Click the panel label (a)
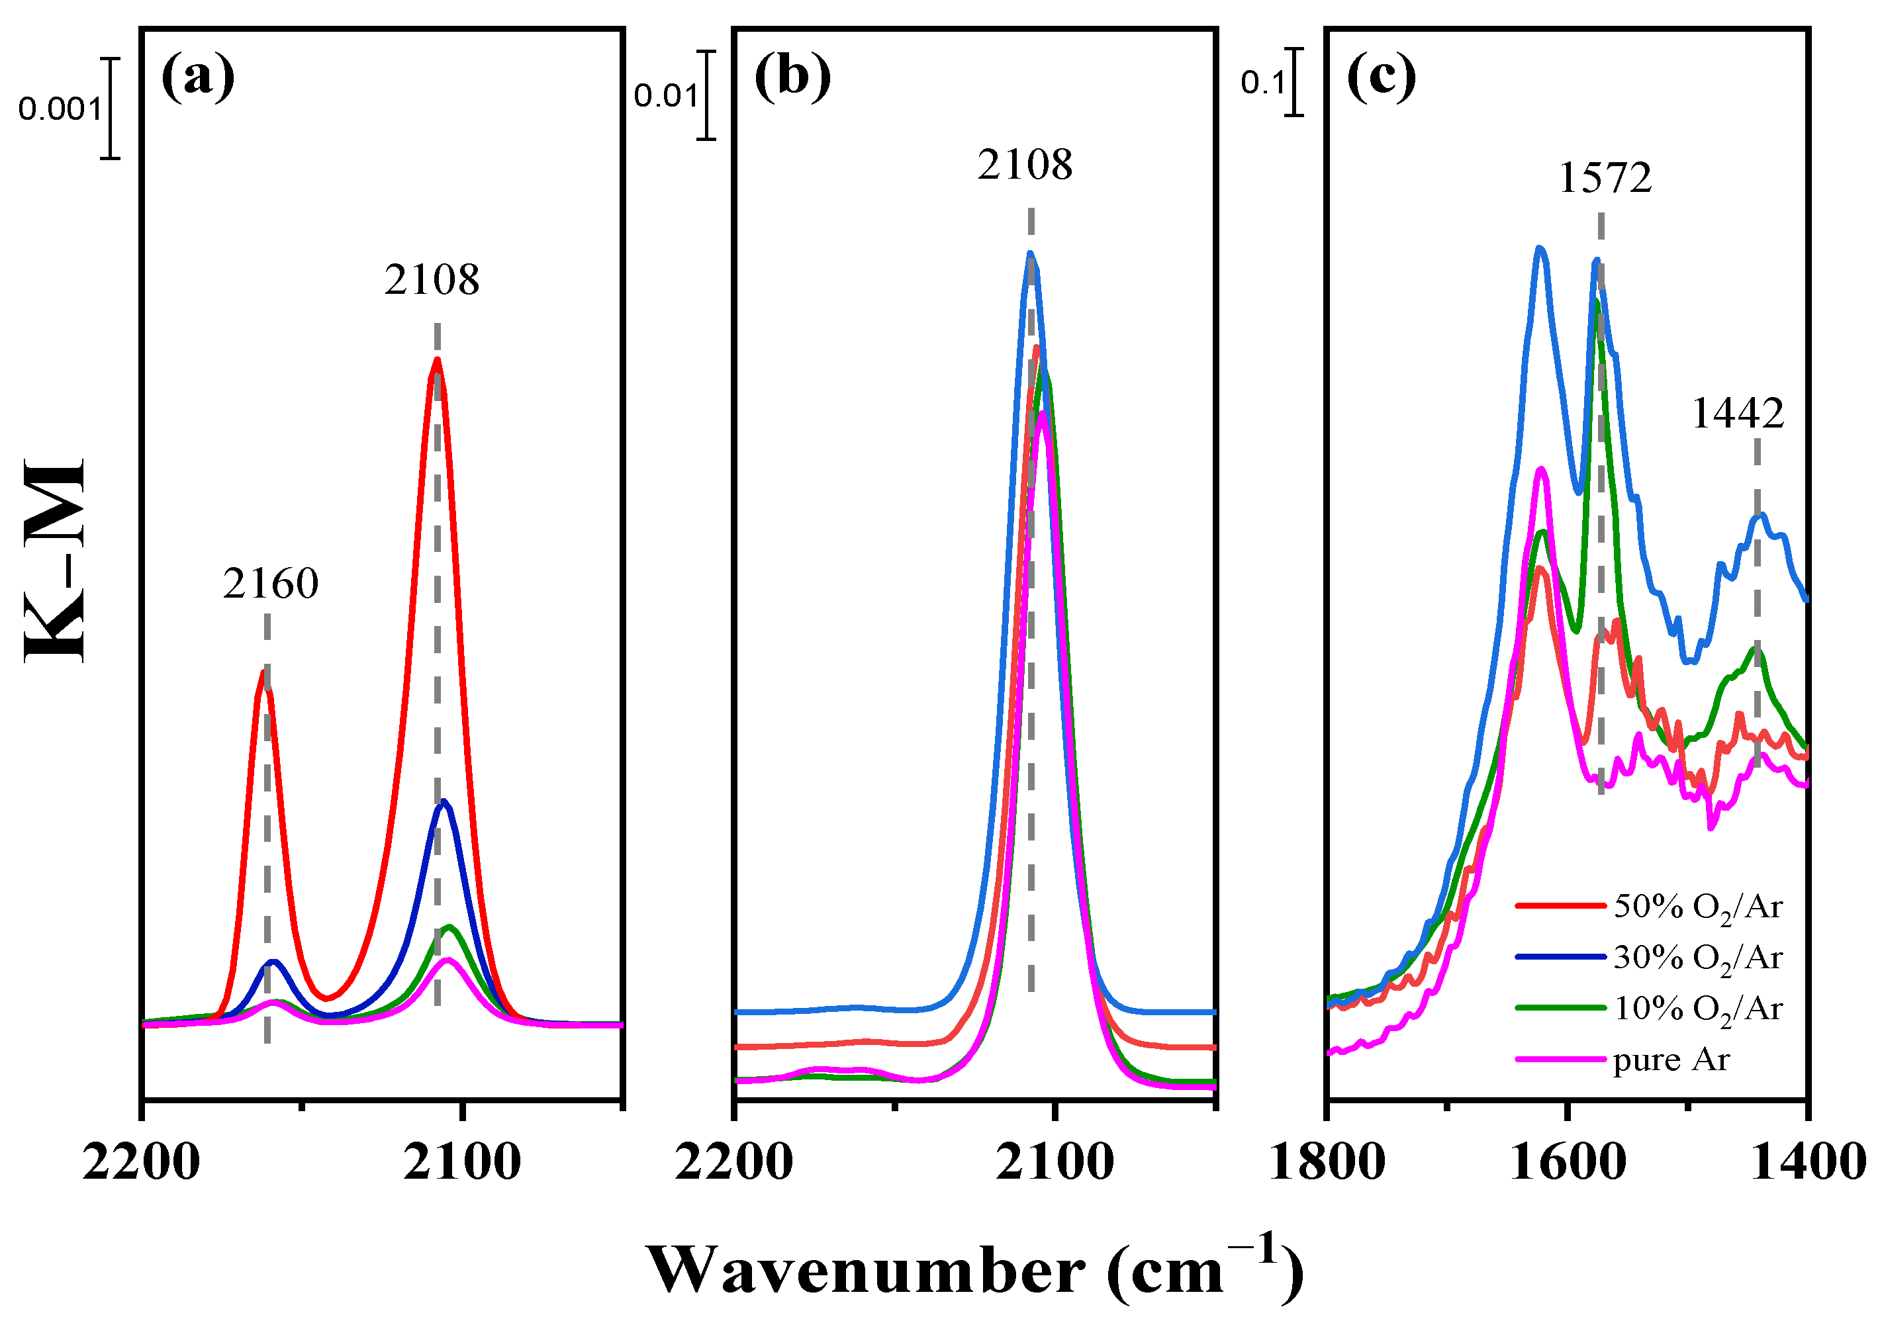197,77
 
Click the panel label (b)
792,77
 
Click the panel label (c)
1382,77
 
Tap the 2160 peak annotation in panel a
270,584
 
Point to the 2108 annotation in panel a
432,280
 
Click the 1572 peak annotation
1605,177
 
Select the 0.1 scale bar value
1262,82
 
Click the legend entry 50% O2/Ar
1697,907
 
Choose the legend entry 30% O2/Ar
1697,958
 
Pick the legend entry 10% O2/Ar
1697,1009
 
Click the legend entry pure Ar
1670,1060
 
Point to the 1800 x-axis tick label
1327,1163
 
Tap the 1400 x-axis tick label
1808,1163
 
